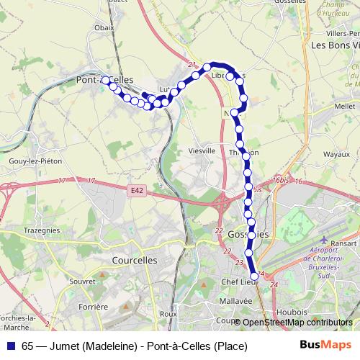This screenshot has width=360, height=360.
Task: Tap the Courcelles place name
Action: (x=135, y=260)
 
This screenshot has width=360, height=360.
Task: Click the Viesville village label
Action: (x=201, y=151)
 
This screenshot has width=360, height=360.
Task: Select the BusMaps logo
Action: (x=325, y=346)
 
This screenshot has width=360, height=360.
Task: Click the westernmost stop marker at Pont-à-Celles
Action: (x=106, y=81)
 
